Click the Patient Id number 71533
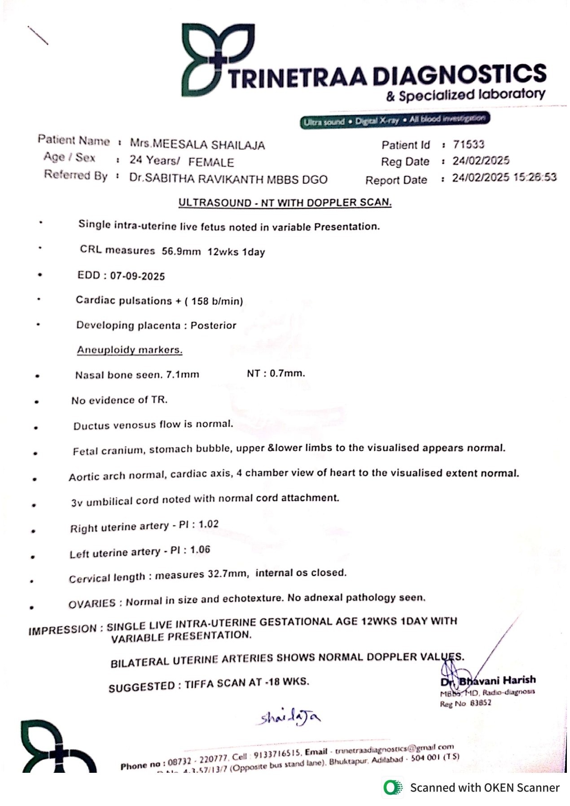coord(469,144)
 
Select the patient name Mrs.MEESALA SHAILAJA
coord(197,144)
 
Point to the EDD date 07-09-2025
coord(137,276)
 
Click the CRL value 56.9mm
coord(181,251)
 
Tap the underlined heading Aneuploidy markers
coord(130,350)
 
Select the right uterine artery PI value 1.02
coord(208,524)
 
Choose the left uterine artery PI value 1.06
coord(200,550)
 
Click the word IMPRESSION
coord(62,630)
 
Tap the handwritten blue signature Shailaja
coord(290,718)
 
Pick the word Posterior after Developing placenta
coord(213,326)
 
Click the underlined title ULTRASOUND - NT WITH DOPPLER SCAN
coord(285,203)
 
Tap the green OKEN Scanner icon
coord(393,788)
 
